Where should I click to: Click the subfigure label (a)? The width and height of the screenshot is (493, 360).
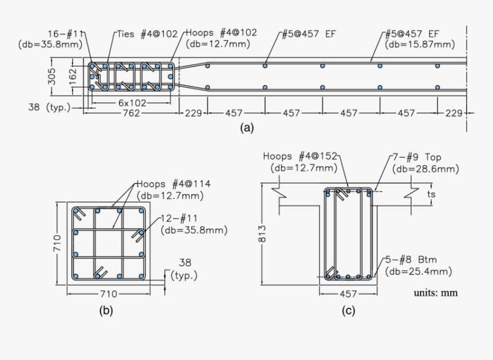click(246, 128)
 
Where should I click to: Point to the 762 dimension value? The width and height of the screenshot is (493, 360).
click(132, 114)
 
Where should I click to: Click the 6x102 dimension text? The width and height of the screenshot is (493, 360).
click(132, 103)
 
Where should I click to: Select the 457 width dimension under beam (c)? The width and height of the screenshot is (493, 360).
click(349, 294)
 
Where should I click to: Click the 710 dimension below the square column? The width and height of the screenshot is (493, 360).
click(108, 294)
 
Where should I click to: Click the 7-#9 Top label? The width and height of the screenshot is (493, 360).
click(417, 157)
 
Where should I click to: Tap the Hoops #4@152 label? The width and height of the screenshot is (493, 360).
click(300, 156)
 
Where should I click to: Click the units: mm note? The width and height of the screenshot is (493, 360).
click(436, 293)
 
